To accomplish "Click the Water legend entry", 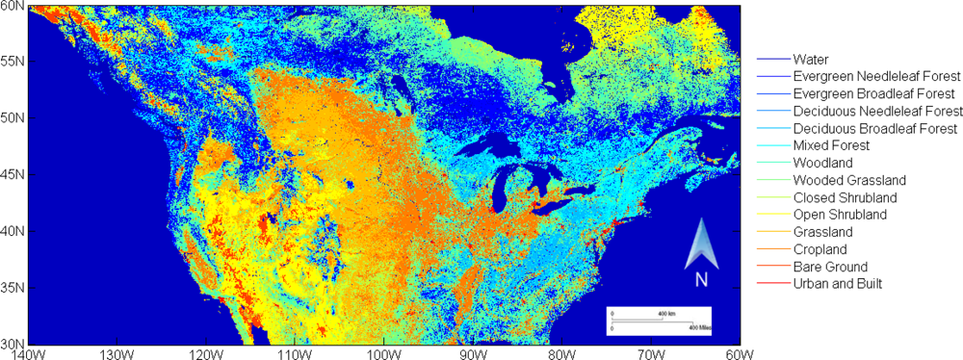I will click(811, 60).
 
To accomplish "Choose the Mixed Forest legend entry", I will click(831, 145).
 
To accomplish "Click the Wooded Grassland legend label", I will click(847, 180).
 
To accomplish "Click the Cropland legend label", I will click(820, 249).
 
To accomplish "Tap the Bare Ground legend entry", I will click(829, 267).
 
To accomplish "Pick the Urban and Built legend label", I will click(837, 284).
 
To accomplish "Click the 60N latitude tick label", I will click(13, 6).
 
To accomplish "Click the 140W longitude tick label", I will click(29, 353).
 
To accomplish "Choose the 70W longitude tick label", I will click(651, 353).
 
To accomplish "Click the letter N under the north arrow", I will click(701, 279).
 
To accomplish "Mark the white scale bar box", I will click(659, 320).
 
